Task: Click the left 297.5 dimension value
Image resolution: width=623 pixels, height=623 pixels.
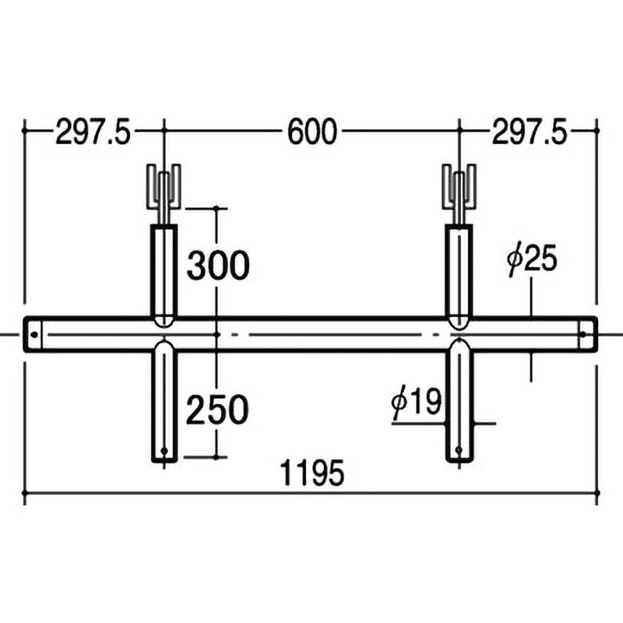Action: click(93, 132)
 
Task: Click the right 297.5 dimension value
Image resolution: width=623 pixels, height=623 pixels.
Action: click(530, 132)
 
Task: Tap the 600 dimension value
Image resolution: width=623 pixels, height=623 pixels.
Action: click(312, 132)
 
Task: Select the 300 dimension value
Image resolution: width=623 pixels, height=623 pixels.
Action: click(218, 266)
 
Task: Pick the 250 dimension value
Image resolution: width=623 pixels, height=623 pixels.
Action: click(217, 410)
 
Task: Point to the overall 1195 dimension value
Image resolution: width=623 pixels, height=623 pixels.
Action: click(312, 473)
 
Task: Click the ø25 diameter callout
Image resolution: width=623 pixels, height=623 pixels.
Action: click(533, 260)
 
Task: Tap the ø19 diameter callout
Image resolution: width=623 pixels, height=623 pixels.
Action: click(417, 403)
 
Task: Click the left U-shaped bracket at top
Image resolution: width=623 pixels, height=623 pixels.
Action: click(164, 186)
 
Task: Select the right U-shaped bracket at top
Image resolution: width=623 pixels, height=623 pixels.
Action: click(459, 186)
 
